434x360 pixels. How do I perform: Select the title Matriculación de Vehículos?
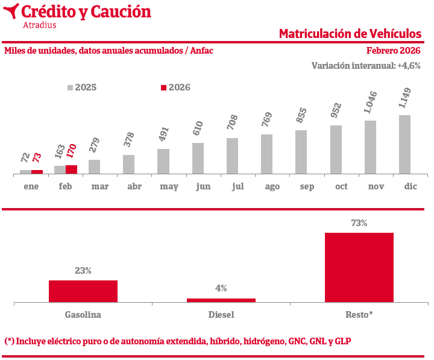(x=350, y=33)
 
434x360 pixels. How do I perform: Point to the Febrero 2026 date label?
(x=393, y=51)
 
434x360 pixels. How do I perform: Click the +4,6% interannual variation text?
(x=409, y=66)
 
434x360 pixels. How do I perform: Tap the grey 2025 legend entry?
(x=82, y=87)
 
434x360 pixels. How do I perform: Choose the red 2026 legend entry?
(x=175, y=87)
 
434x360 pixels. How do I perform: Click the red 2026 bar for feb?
(x=71, y=169)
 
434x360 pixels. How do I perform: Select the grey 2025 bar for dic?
(x=404, y=145)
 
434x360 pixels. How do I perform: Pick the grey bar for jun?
(x=198, y=159)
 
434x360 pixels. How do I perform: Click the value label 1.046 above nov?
(x=371, y=103)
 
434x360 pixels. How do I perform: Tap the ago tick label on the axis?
(x=272, y=187)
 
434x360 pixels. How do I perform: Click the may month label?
(x=169, y=187)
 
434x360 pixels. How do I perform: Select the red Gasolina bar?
(x=83, y=291)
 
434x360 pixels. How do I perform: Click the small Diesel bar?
(x=221, y=300)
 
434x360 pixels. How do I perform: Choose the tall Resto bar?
(x=359, y=267)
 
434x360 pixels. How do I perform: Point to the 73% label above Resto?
(x=359, y=223)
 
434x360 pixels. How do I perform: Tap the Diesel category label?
(x=221, y=315)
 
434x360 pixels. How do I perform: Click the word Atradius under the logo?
(x=39, y=25)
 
